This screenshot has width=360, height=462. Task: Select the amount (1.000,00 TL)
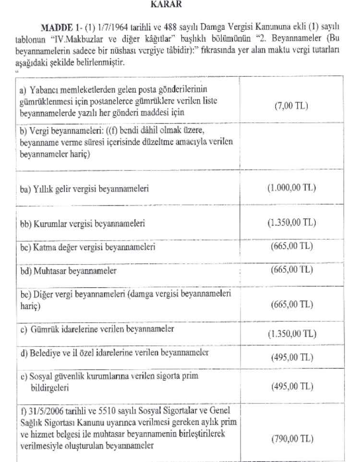(290, 188)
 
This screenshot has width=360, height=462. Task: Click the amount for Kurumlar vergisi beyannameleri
(290, 223)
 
